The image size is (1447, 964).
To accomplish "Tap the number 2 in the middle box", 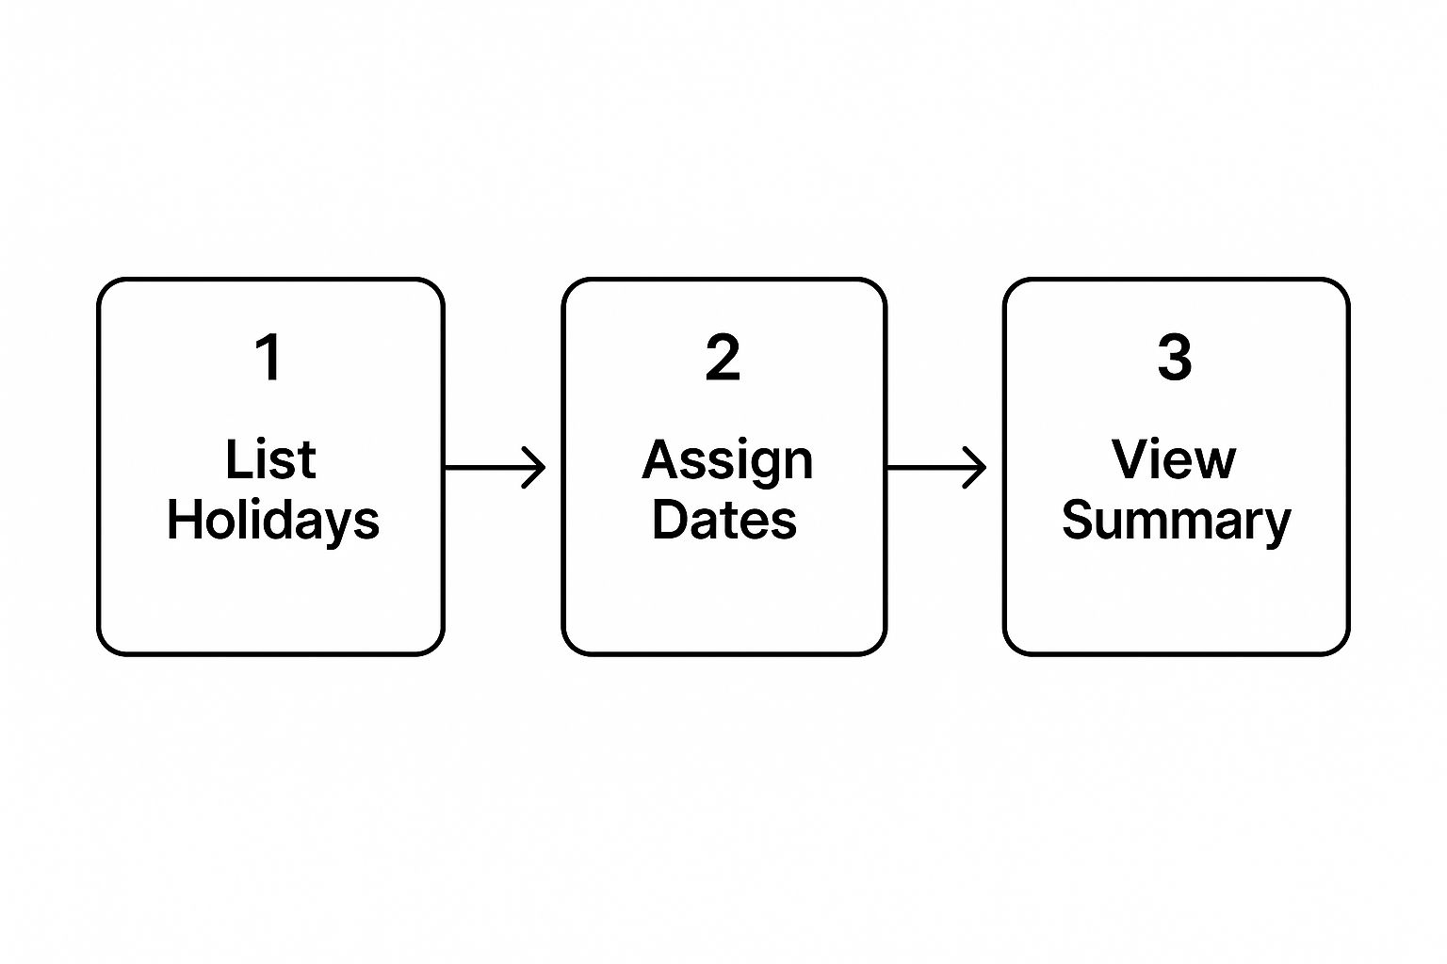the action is click(x=723, y=357).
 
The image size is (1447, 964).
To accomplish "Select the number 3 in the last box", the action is click(x=1175, y=357).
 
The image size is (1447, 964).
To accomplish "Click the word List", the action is click(x=270, y=459).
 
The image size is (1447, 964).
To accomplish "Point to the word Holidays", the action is click(x=273, y=522).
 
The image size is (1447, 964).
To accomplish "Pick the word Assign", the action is click(x=727, y=462).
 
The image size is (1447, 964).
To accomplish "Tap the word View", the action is click(x=1174, y=459).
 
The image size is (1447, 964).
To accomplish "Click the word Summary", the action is click(x=1177, y=522).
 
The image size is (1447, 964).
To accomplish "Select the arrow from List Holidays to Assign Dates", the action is click(x=496, y=467).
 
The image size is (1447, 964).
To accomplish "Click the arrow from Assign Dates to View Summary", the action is click(x=936, y=467).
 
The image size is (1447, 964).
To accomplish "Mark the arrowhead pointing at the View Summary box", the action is click(x=976, y=467).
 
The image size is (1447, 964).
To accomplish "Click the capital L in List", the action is click(x=238, y=459).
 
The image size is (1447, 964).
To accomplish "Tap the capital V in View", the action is click(x=1130, y=459).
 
